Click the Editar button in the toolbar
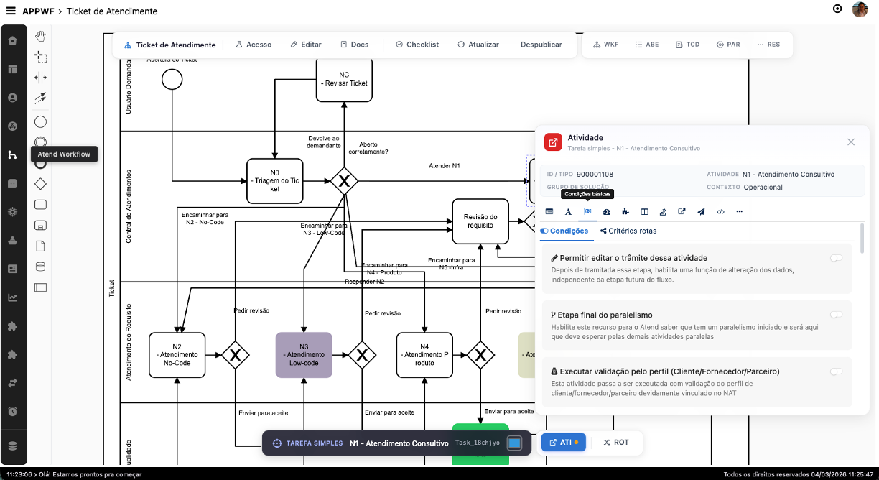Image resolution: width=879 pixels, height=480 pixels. click(306, 45)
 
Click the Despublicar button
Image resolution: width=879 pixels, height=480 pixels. click(541, 45)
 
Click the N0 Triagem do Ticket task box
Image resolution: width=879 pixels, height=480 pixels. click(275, 182)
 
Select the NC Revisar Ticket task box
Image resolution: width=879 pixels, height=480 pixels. click(344, 79)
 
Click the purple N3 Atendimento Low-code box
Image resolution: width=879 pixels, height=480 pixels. click(304, 355)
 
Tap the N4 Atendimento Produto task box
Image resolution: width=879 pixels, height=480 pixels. click(424, 355)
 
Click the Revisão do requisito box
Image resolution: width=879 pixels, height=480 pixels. click(480, 221)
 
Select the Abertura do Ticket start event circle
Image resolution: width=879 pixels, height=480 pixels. click(172, 79)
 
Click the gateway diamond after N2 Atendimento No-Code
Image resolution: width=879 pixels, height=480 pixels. click(235, 354)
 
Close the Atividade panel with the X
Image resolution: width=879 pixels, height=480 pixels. click(851, 142)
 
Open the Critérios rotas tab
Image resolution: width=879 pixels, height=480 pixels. click(628, 231)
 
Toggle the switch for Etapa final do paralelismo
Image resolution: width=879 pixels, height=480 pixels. click(836, 315)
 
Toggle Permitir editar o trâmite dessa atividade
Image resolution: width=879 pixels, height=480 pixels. click(836, 258)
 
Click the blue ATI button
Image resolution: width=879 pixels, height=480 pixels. click(563, 443)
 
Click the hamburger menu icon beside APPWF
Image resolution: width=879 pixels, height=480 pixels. click(11, 11)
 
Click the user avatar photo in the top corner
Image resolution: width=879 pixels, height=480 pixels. click(860, 9)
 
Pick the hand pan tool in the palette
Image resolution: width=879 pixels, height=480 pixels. click(41, 37)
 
